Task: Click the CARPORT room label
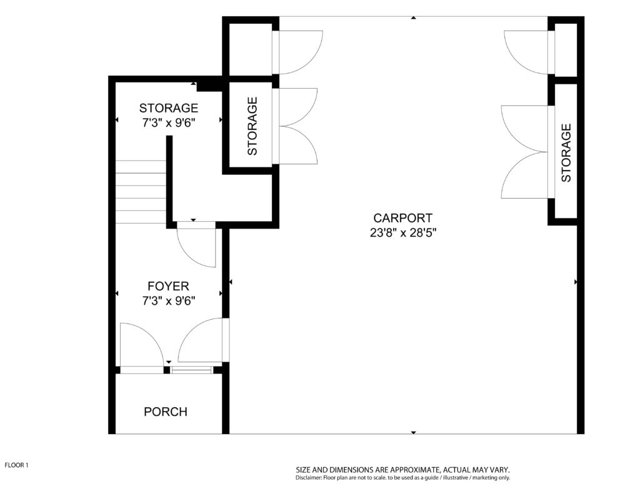[402, 218]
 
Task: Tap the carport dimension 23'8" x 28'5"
[403, 233]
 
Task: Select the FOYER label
[168, 286]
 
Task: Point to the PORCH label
[166, 412]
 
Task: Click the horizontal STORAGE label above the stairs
[169, 108]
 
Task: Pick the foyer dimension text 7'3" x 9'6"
[169, 301]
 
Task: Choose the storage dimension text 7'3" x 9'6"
[169, 123]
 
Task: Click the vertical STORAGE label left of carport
[252, 126]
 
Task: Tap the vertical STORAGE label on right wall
[566, 153]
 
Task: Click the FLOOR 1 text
[16, 465]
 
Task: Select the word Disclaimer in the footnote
[309, 478]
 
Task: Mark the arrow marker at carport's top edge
[414, 18]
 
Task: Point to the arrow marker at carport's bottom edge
[414, 432]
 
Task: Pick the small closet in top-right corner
[566, 49]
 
